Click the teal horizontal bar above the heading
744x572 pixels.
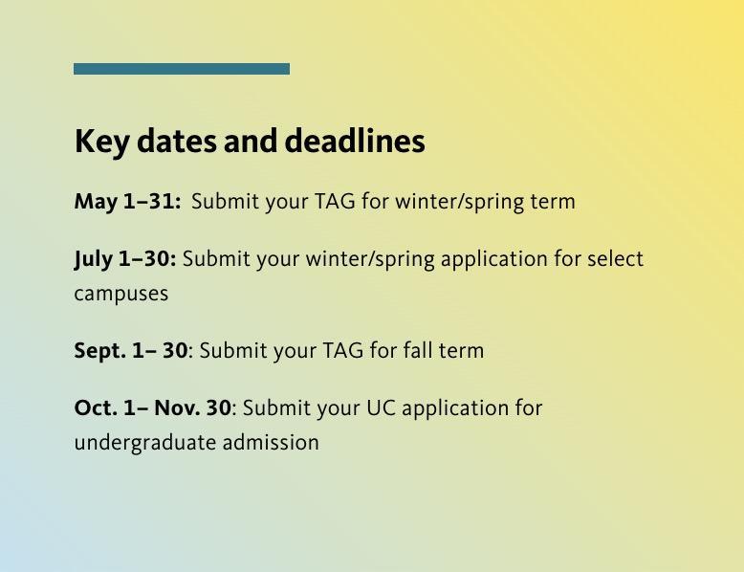click(x=182, y=69)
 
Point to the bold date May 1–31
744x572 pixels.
click(x=127, y=202)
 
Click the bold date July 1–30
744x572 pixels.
click(x=125, y=259)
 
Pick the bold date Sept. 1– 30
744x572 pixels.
click(x=131, y=351)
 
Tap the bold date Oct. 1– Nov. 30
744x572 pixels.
click(x=153, y=408)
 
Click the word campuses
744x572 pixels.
click(x=121, y=295)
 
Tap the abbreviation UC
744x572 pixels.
click(x=381, y=408)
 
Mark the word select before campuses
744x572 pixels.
click(x=615, y=259)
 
